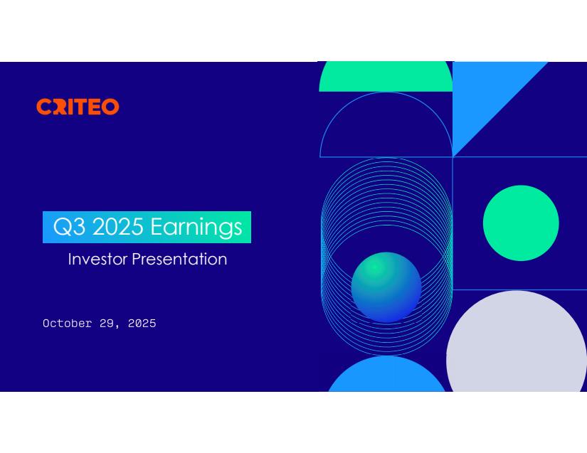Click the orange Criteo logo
point(78,107)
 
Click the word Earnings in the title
point(196,228)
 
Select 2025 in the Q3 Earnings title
point(117,226)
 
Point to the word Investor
point(97,260)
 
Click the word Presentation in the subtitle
point(179,260)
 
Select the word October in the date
point(68,323)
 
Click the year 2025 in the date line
point(142,323)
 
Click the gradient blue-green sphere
point(386,287)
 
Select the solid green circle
point(521,223)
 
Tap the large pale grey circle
point(517,348)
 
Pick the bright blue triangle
point(483,97)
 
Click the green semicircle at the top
point(386,77)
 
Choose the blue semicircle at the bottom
point(387,376)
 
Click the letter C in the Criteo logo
point(44,107)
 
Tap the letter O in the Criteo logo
point(111,107)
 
